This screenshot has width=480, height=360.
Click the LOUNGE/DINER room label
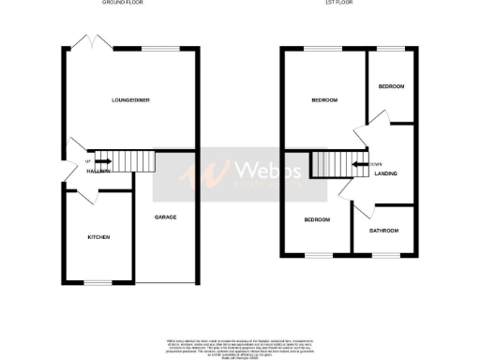131,100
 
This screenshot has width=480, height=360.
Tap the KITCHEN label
99,237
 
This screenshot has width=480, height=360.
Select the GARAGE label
166,217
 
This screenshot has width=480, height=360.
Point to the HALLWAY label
100,172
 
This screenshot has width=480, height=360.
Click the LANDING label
385,173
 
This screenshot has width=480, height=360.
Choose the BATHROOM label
383,231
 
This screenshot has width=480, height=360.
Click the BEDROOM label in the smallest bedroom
391,87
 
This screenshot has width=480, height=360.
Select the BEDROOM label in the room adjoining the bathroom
316,220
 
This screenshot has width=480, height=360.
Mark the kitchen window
97,282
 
